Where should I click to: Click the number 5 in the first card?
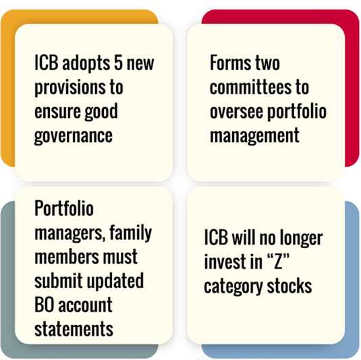point(118,63)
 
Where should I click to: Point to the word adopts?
point(86,64)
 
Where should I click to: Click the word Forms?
point(230,63)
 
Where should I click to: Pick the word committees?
point(251,87)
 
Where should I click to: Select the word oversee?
point(236,113)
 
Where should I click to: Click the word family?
point(130,234)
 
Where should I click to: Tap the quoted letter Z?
point(279,262)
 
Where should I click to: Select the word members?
point(66,256)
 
